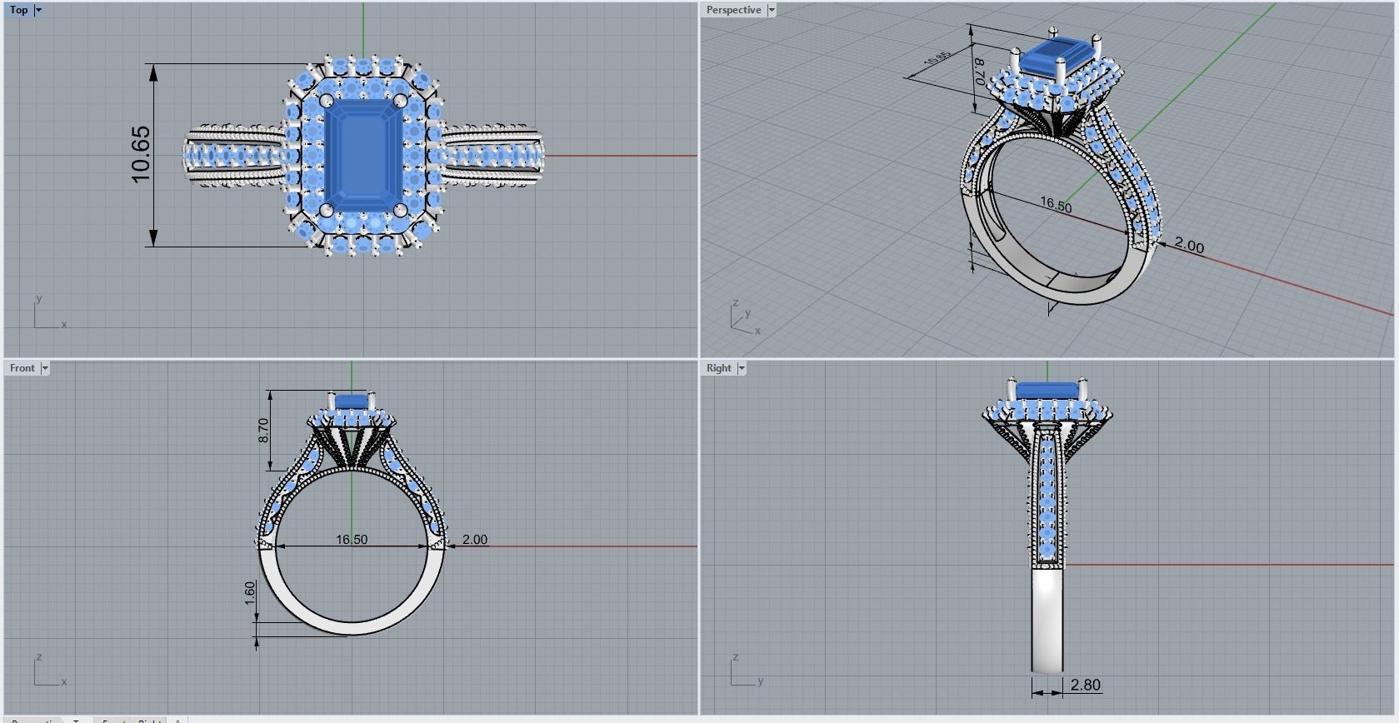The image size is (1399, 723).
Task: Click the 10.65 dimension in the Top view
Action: tap(141, 155)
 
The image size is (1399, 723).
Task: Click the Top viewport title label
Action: tap(18, 10)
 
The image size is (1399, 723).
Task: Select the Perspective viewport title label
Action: tap(733, 10)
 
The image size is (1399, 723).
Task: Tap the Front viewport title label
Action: tap(22, 368)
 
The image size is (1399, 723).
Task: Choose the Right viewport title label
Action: tap(718, 368)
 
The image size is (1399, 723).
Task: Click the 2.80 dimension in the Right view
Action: tap(1085, 685)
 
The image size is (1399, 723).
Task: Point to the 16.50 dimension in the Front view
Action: tap(352, 540)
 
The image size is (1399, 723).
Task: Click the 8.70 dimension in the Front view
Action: tap(263, 431)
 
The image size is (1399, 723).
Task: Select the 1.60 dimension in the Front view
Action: tap(250, 593)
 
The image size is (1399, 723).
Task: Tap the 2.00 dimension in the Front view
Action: tap(474, 540)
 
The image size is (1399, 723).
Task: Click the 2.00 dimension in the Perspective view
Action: tap(1189, 246)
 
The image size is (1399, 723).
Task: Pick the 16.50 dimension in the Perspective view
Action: tap(1056, 205)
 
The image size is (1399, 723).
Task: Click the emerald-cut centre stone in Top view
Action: tap(361, 155)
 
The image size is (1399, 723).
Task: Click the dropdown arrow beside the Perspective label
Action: tap(772, 10)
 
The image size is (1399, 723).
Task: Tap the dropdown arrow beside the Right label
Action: tap(742, 368)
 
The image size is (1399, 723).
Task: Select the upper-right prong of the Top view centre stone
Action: tap(401, 101)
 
